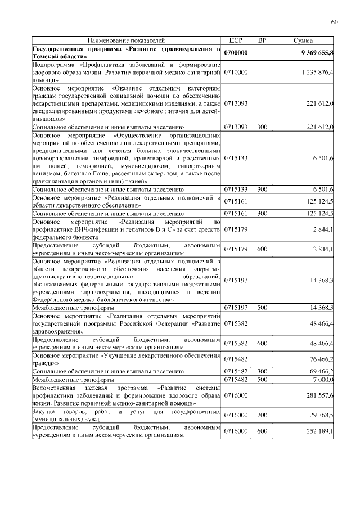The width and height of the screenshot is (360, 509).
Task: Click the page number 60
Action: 334,22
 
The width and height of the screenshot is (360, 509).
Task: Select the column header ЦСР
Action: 236,41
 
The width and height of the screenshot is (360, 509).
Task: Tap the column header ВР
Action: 262,41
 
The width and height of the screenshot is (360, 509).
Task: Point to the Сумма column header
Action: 304,41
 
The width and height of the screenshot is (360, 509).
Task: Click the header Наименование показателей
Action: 126,41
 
